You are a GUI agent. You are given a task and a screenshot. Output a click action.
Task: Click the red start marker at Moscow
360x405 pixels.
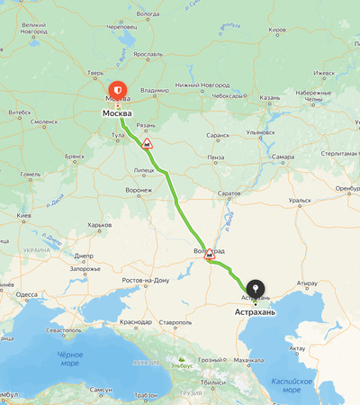[x=117, y=90]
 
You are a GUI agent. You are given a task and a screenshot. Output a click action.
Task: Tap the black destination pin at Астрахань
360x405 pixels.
[x=256, y=289]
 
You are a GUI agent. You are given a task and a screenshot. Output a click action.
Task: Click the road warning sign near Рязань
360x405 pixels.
[x=147, y=142]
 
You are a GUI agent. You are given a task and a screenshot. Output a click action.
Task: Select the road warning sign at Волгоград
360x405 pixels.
[x=210, y=254]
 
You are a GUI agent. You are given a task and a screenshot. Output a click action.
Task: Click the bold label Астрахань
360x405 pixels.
[x=256, y=312]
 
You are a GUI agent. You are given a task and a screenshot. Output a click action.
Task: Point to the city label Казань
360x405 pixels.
[x=270, y=97]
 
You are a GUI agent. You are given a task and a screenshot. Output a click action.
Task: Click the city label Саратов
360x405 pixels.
[x=230, y=193]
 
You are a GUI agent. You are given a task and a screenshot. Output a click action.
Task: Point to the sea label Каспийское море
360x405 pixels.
[x=305, y=385]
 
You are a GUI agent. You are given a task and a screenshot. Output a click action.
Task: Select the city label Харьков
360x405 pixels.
[x=99, y=225]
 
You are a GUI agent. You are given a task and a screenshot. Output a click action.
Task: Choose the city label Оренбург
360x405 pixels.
[x=347, y=189]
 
